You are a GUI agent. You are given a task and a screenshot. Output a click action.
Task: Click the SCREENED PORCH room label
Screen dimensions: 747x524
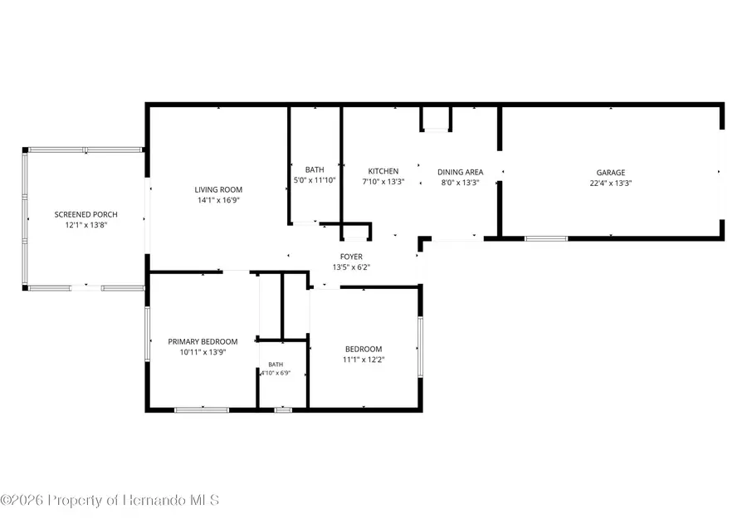[85, 214]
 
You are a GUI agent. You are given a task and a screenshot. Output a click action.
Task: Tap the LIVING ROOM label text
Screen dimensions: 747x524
[218, 190]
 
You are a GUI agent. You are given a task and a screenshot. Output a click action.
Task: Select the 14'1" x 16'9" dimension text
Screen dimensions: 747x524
[218, 200]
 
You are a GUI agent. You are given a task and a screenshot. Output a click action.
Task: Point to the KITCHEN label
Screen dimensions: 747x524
[383, 171]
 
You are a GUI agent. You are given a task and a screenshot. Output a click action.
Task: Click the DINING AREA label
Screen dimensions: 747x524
[460, 172]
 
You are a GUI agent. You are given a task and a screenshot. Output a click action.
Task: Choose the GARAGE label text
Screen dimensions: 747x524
[611, 173]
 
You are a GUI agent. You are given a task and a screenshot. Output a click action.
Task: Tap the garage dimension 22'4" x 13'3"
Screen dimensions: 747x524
[611, 183]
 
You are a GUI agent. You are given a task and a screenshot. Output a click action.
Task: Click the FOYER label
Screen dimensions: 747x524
[351, 257]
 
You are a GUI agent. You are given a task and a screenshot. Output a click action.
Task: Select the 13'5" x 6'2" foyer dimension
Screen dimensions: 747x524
[351, 267]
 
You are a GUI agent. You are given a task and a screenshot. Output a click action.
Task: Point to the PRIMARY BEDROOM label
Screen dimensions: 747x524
[203, 342]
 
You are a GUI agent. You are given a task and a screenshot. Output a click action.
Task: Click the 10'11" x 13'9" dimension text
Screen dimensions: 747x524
[203, 352]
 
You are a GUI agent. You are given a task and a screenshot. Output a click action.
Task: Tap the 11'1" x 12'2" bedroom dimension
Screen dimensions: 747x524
[364, 360]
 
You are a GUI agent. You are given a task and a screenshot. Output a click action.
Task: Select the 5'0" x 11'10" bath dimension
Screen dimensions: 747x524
[315, 180]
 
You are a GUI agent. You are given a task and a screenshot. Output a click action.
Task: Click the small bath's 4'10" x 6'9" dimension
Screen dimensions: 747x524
[276, 373]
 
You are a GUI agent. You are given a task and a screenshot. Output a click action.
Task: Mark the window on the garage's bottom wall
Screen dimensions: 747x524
[546, 238]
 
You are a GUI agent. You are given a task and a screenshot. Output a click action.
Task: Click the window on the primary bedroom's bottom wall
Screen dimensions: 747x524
[202, 410]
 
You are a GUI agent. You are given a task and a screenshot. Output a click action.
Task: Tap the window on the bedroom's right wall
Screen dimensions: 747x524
[420, 347]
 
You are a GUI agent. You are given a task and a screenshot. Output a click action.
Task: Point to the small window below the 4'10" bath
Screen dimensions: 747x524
[283, 410]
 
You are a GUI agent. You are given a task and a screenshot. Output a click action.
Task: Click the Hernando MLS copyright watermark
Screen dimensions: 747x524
[110, 500]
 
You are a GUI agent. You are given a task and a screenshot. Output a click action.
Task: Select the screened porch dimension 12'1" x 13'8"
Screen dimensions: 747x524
[85, 225]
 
